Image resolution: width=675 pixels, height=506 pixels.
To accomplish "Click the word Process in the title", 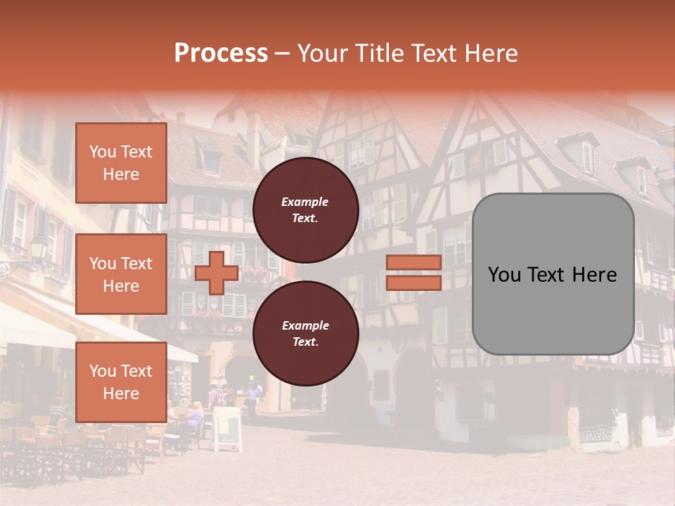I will (x=221, y=53).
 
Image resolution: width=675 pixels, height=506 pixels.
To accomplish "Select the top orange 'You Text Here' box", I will (x=121, y=163).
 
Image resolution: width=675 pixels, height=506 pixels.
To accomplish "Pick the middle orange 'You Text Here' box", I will (x=121, y=274).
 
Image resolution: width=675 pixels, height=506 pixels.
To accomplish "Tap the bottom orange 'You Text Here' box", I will (x=121, y=382).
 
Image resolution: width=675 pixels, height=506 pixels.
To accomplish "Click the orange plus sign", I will (x=217, y=273).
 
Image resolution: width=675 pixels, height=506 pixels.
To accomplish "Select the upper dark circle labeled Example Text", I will (x=305, y=210).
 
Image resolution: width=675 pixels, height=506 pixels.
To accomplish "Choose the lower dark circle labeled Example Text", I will (x=305, y=334).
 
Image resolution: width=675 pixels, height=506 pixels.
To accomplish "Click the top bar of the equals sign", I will (x=413, y=262).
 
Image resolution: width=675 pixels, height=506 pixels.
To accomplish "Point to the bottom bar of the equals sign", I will (x=413, y=283).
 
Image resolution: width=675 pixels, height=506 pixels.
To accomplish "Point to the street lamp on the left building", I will (x=38, y=249).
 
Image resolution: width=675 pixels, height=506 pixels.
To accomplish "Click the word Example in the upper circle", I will (x=305, y=202).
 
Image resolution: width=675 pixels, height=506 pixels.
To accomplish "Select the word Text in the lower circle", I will (x=305, y=342).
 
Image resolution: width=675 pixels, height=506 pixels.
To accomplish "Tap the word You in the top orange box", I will (x=103, y=152).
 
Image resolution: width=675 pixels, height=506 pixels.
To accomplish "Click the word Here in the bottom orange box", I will (x=121, y=394).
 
